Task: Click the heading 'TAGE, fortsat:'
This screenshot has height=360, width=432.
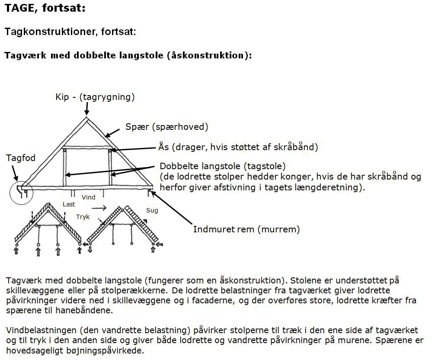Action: point(45,8)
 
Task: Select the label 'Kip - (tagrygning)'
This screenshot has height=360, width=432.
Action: point(95,97)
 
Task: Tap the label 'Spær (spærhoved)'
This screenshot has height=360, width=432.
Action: point(166,127)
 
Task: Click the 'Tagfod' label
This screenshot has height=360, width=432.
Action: point(21,158)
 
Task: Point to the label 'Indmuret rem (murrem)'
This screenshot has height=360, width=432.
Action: point(246,229)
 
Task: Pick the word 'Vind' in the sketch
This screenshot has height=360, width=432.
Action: point(89,197)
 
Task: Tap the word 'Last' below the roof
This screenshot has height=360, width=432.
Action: point(69,204)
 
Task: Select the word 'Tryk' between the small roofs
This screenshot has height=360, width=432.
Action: point(83,217)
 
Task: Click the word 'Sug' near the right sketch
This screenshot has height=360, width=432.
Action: point(152,211)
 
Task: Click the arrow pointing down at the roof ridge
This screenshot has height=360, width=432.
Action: point(87,109)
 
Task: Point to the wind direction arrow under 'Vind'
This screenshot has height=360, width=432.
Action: point(99,208)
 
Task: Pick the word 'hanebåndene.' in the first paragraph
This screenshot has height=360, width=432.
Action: point(84,310)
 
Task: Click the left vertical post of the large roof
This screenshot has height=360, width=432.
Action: point(65,167)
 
